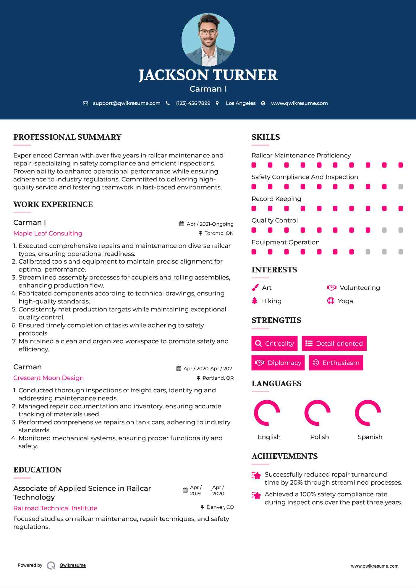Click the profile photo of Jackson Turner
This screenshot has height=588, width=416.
(208, 40)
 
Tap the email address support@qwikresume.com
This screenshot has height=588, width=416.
(127, 103)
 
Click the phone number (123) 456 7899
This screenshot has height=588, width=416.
(193, 103)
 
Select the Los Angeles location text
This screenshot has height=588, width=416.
(241, 103)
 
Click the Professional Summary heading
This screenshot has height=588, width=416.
(67, 137)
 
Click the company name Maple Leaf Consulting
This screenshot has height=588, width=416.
(48, 233)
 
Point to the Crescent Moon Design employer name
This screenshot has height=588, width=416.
(48, 378)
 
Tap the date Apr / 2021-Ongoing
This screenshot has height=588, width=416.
(210, 224)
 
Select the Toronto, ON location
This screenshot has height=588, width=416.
(219, 233)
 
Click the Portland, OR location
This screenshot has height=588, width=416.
(218, 378)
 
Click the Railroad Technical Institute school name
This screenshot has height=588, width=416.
(55, 508)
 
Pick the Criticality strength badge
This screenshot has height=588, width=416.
(274, 343)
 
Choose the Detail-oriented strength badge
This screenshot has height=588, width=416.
(334, 343)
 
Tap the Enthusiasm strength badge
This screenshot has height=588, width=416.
(336, 363)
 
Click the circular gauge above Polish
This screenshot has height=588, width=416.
(317, 413)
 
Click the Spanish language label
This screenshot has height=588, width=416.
(370, 437)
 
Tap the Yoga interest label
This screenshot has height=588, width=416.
(345, 301)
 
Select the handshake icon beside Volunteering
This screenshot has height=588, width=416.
(331, 287)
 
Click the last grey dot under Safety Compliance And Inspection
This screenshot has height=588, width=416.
(401, 187)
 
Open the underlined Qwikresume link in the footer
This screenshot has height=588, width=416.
(73, 565)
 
